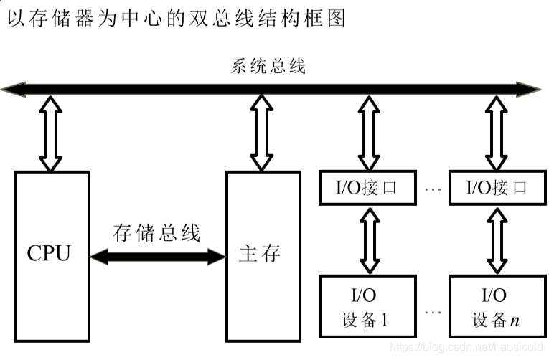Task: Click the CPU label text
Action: [49, 254]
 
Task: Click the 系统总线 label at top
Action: [268, 67]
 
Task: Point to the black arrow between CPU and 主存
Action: [157, 255]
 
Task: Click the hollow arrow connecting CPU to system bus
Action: [50, 133]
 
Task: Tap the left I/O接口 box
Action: [367, 189]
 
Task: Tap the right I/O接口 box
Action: [497, 189]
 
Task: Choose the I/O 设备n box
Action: [497, 307]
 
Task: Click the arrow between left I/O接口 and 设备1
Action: [369, 240]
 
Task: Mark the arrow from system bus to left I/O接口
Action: [369, 133]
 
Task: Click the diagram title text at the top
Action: [176, 18]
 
